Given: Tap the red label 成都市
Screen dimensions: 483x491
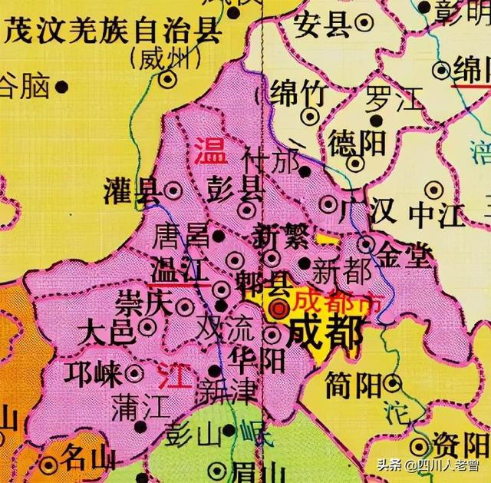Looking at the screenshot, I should [x=328, y=301].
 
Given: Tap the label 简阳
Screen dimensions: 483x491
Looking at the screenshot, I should [x=352, y=384].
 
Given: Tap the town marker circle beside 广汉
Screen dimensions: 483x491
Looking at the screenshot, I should [x=329, y=204].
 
